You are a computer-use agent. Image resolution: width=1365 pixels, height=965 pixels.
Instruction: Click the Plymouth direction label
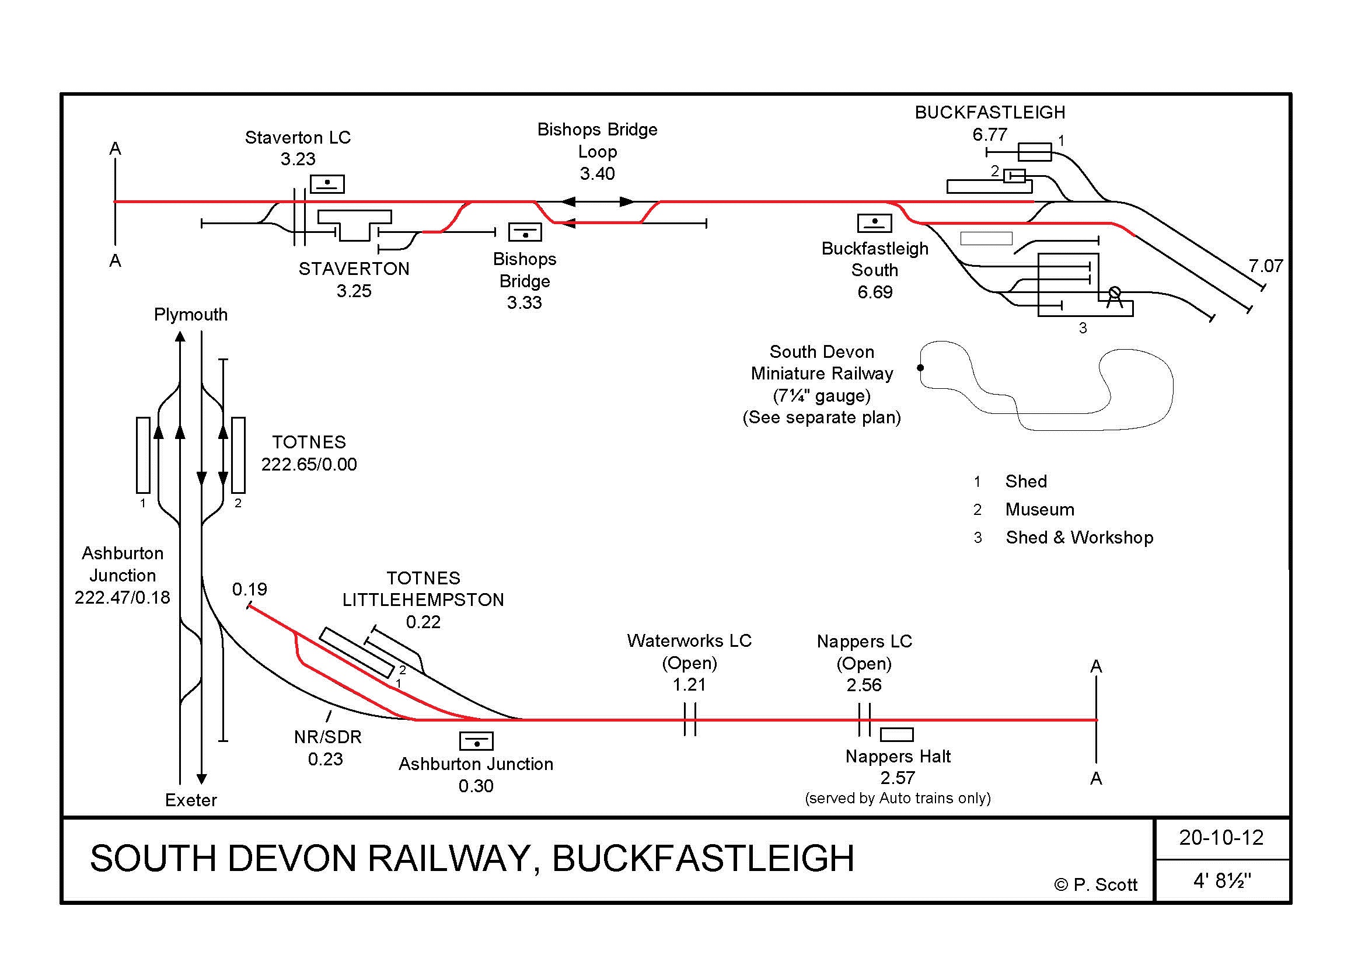tap(190, 315)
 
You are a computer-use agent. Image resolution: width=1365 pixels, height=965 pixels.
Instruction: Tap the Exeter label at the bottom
tap(191, 800)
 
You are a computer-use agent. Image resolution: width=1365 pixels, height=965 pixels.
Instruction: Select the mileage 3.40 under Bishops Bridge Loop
tap(597, 173)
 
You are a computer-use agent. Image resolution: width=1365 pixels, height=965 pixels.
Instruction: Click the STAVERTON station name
tap(354, 269)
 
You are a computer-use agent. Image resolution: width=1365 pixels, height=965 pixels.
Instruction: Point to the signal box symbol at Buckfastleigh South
tap(874, 223)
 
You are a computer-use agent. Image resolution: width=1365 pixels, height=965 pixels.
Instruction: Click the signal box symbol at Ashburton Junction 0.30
tap(476, 741)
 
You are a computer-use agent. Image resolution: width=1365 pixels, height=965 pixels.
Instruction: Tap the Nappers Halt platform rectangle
tap(896, 735)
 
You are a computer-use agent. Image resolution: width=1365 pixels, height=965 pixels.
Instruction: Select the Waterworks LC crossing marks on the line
tap(690, 719)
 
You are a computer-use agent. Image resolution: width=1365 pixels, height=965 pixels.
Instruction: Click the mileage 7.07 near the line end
tap(1265, 266)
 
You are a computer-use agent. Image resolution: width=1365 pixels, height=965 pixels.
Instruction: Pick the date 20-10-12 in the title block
tap(1221, 838)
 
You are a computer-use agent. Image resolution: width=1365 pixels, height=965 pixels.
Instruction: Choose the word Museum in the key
tap(1040, 510)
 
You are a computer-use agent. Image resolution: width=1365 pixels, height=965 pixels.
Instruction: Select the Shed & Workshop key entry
tap(1079, 538)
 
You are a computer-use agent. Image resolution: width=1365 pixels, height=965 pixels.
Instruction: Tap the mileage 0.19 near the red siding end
tap(250, 589)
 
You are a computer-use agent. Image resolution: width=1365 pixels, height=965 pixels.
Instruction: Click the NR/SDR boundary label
tap(327, 737)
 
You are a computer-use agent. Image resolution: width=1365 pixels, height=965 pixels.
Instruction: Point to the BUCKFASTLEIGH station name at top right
tap(990, 112)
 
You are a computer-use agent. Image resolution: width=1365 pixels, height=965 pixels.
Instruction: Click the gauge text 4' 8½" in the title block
tap(1221, 880)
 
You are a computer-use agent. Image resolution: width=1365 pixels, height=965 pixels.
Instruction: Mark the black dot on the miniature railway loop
tap(920, 367)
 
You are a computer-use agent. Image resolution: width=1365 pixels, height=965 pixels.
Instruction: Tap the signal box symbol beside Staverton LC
tap(327, 184)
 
